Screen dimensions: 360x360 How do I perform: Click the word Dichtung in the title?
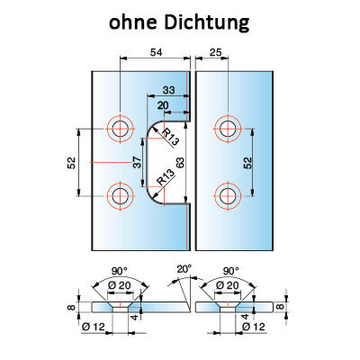click(x=207, y=23)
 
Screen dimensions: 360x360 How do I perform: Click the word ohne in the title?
click(x=134, y=23)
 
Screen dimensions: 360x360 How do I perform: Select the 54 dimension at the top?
click(x=156, y=52)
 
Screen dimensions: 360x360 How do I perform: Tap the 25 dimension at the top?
click(x=215, y=52)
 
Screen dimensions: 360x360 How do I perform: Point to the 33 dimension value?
click(x=168, y=90)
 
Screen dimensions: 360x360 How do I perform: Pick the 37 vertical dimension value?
click(x=137, y=162)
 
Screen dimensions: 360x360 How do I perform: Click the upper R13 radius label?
click(x=170, y=137)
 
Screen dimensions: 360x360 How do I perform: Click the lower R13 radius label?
click(x=166, y=177)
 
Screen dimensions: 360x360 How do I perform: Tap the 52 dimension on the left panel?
click(x=71, y=163)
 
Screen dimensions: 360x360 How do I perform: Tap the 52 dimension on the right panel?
click(x=247, y=163)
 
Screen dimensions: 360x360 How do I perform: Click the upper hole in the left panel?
click(x=120, y=129)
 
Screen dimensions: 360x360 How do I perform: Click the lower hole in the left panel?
click(x=120, y=196)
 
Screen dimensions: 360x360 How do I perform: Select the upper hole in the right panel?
click(x=229, y=129)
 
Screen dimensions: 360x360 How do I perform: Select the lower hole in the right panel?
click(x=229, y=196)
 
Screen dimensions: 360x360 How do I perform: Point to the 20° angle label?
click(x=184, y=268)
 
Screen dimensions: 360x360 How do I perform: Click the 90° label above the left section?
click(x=120, y=271)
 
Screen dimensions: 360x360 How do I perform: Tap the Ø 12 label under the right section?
click(x=254, y=327)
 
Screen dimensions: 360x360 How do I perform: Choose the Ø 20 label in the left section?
click(x=120, y=285)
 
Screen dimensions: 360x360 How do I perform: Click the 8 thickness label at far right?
click(x=280, y=307)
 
